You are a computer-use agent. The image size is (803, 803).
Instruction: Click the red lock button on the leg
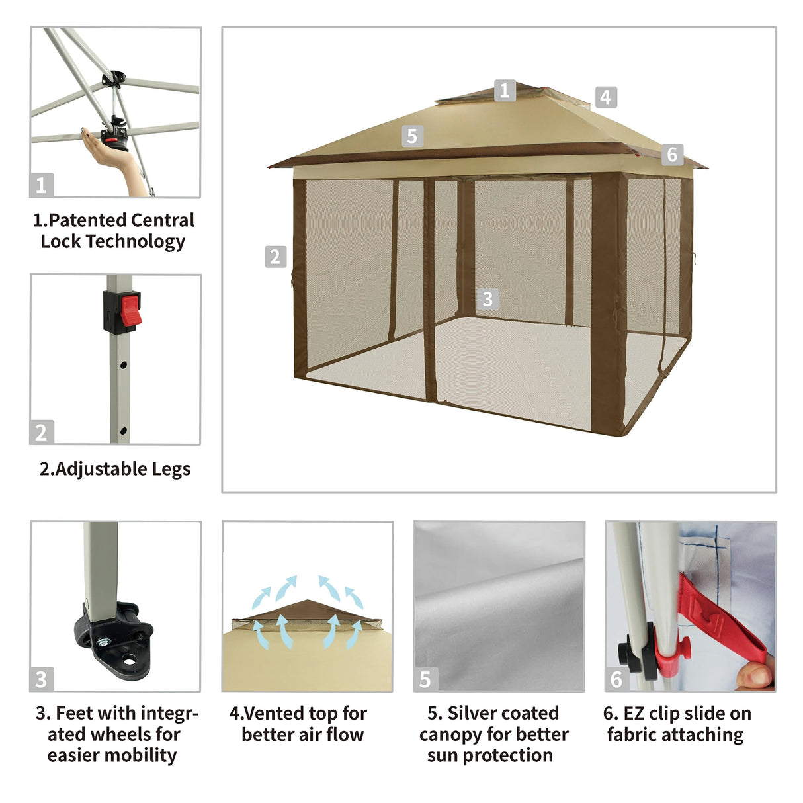coord(129,313)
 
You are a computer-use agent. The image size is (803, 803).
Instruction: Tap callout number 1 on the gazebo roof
coord(505,90)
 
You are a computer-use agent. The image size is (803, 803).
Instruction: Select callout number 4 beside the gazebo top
coord(605,97)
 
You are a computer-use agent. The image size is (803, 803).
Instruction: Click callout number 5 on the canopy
coord(412,136)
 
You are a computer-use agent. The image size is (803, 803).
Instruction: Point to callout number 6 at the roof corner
coord(672,154)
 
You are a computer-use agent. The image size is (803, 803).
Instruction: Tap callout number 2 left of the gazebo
coord(275,257)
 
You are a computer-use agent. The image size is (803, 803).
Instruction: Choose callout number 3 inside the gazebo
coord(487,299)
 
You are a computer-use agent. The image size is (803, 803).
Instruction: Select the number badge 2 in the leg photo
coord(41,433)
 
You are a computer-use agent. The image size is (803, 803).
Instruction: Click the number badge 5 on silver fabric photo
coord(425,679)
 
